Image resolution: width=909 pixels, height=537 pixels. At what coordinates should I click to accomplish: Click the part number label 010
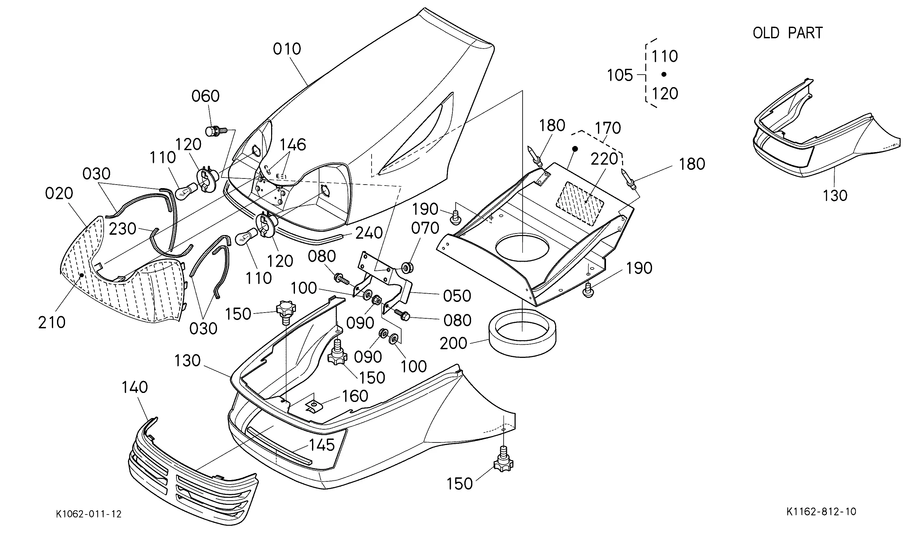tap(287, 49)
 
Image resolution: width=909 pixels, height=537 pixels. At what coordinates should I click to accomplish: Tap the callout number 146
tap(292, 145)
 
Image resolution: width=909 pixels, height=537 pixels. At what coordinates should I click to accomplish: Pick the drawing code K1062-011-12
tap(89, 514)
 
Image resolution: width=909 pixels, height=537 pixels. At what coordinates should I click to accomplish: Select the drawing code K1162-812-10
tap(821, 511)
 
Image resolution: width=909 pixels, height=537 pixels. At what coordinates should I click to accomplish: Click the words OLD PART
tap(788, 33)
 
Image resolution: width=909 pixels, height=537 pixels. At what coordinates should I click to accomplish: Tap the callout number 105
tap(620, 75)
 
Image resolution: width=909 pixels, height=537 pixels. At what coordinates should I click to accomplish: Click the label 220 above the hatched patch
tap(604, 159)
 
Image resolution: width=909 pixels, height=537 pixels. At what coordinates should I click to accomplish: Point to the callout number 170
tap(608, 128)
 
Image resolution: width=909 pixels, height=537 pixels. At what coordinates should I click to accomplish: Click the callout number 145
tap(322, 445)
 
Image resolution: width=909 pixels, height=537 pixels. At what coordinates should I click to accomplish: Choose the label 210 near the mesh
tap(52, 323)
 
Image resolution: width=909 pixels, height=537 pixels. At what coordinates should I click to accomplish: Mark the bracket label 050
tap(457, 296)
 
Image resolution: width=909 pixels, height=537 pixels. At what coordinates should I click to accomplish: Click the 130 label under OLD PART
tap(835, 196)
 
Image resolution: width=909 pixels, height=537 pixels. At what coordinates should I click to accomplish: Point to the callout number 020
tap(59, 194)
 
